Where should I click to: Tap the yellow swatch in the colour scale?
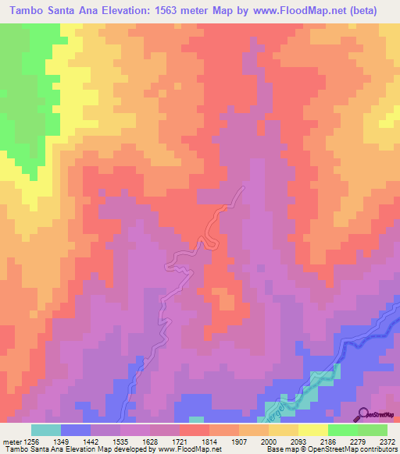tap(312, 430)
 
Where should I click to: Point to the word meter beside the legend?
tap(10, 441)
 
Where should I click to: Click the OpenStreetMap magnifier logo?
tap(363, 413)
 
